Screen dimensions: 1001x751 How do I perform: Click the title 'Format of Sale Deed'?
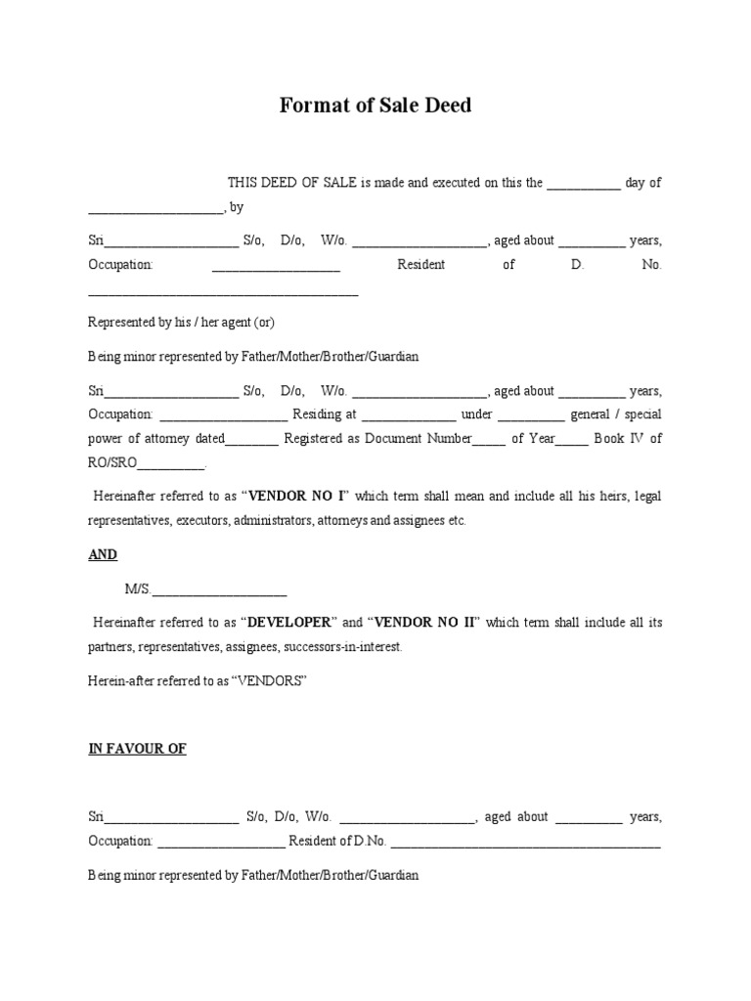click(x=375, y=105)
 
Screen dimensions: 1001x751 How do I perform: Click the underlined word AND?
click(x=103, y=554)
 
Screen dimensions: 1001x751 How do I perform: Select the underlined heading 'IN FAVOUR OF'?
click(x=137, y=749)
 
